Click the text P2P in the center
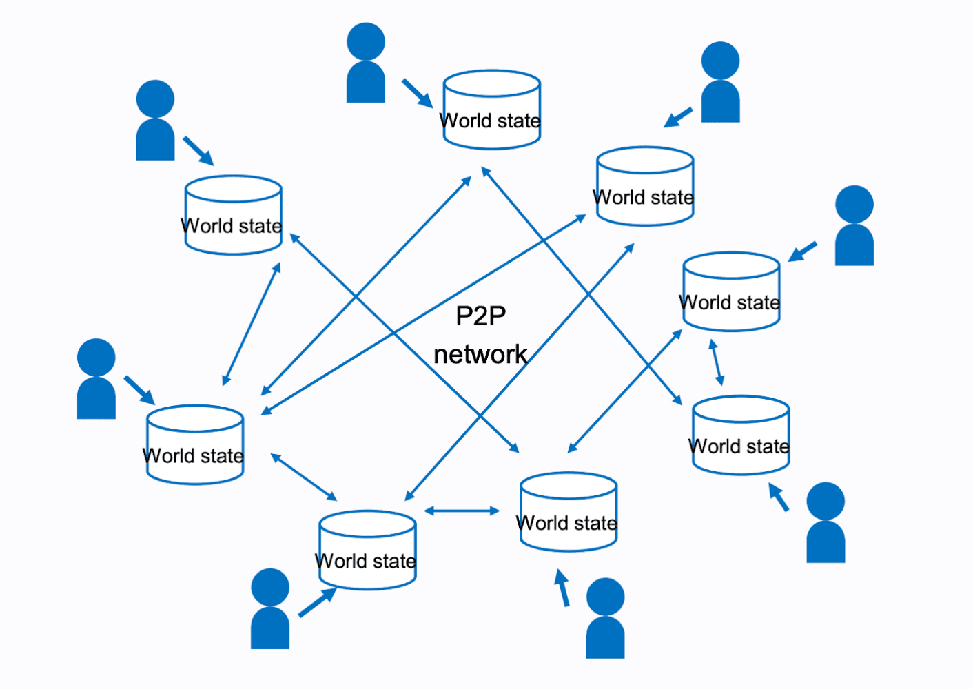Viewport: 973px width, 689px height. [480, 316]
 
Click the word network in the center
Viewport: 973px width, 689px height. [480, 355]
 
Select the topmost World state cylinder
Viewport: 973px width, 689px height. [491, 110]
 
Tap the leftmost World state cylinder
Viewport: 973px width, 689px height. [195, 445]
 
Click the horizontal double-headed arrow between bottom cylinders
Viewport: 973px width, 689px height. [462, 511]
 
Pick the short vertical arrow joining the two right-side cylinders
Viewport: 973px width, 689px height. [717, 362]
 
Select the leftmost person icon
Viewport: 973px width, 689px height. [96, 379]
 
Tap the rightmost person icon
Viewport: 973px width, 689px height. [854, 226]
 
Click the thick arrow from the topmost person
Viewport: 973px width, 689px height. [417, 93]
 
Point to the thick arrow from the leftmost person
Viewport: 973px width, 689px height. [139, 390]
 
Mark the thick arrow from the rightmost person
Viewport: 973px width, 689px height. [803, 251]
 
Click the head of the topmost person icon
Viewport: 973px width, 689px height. [366, 41]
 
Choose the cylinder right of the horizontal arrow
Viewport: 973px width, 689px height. [569, 512]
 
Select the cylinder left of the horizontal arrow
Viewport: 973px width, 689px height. [367, 550]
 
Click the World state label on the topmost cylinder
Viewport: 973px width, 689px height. [491, 121]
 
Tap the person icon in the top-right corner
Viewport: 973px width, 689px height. [721, 83]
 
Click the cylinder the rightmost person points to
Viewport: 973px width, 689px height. [731, 291]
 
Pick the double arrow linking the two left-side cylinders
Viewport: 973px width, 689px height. [252, 324]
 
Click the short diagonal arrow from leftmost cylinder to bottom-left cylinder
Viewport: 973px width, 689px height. [304, 477]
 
